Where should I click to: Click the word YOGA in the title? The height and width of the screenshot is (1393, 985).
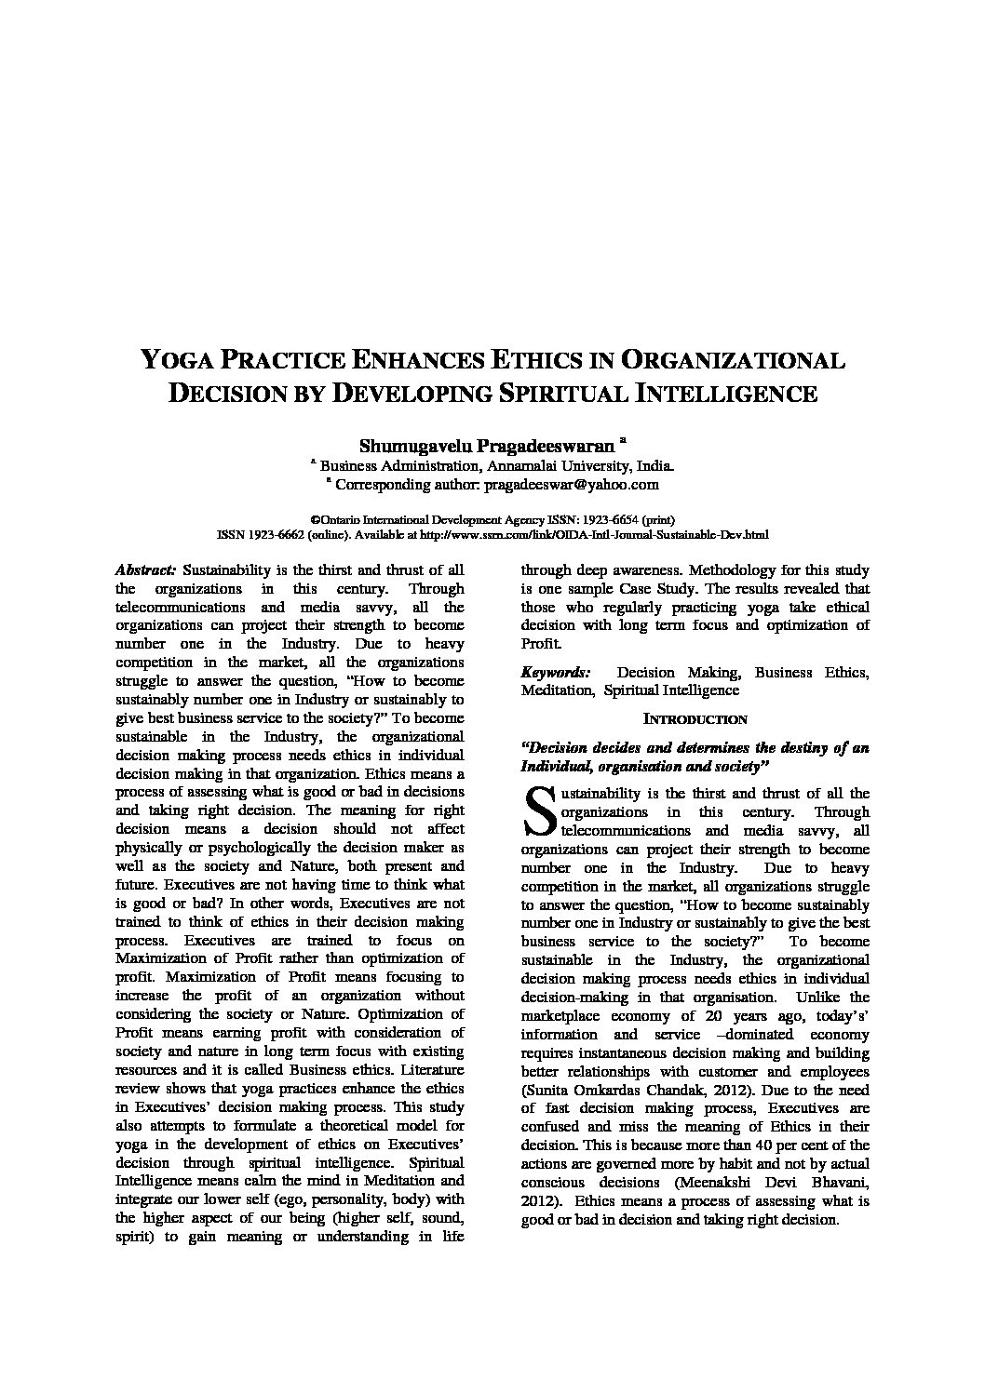click(178, 361)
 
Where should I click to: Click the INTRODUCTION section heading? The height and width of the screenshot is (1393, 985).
click(695, 719)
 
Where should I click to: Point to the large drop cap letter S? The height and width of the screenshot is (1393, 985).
click(539, 811)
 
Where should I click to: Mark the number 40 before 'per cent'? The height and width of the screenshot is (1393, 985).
click(746, 1145)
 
